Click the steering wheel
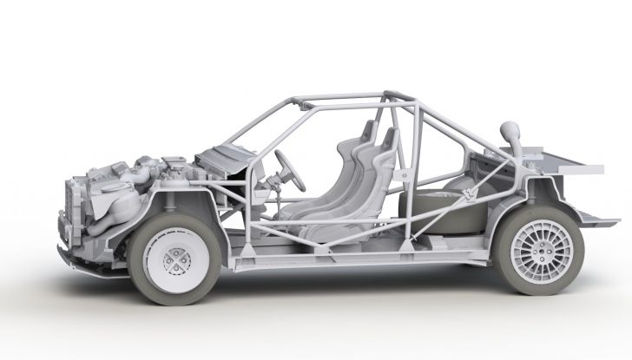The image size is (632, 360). coord(292,170)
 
